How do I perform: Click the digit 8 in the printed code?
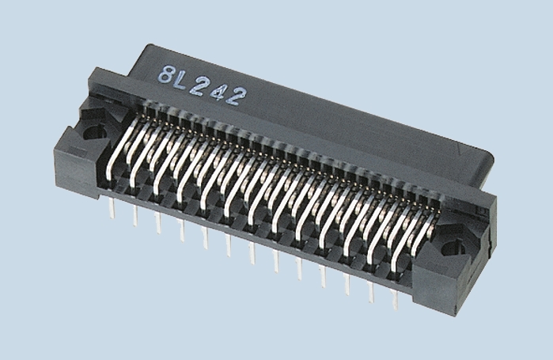coord(168,78)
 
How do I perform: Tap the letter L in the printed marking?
coord(186,81)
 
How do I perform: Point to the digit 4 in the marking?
coord(221,91)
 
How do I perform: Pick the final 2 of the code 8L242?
coord(238,96)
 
